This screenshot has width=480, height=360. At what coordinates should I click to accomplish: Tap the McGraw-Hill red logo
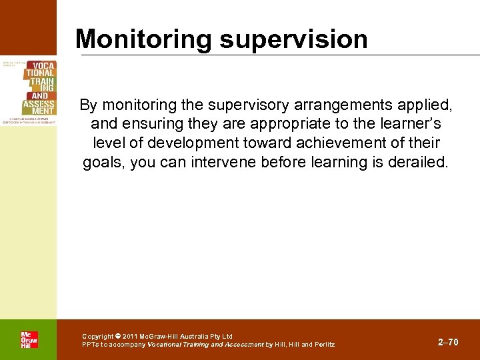pyautogui.click(x=29, y=339)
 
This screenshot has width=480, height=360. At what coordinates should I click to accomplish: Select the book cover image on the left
pyautogui.click(x=29, y=91)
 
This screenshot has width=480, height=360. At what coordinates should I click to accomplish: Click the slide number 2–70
pyautogui.click(x=448, y=342)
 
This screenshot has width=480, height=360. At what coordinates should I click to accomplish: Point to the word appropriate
pyautogui.click(x=257, y=124)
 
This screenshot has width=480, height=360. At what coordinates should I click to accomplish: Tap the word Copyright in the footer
pyautogui.click(x=98, y=337)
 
